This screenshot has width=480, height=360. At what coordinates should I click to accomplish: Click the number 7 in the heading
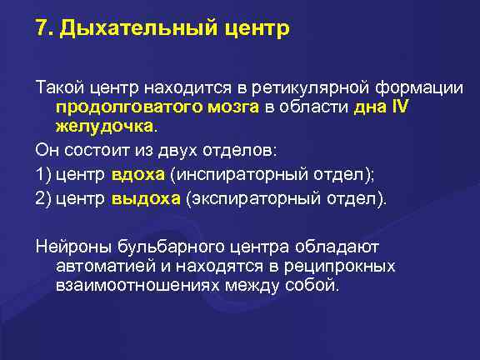(x=41, y=30)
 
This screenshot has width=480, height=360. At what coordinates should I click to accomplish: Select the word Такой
(x=53, y=87)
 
